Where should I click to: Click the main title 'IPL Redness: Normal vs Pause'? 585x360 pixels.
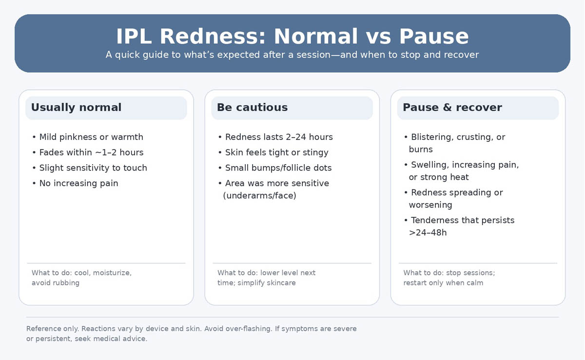292,37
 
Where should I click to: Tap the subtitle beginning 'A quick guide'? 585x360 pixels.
292,55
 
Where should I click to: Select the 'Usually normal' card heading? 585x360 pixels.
76,108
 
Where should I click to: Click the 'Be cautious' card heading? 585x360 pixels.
252,108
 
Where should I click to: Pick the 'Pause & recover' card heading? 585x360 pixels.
452,108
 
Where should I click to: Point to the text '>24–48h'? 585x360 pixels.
428,233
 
